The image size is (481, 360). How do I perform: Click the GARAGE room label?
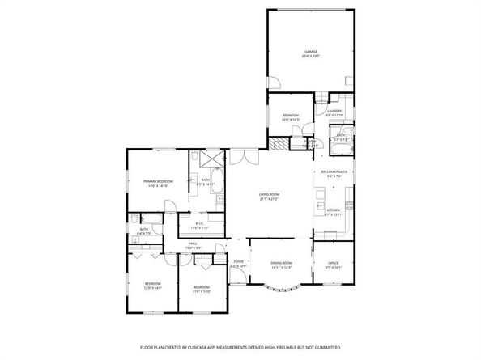pyautogui.click(x=311, y=52)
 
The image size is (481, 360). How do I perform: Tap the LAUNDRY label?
pyautogui.click(x=334, y=111)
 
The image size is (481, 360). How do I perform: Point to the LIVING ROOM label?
pyautogui.click(x=269, y=194)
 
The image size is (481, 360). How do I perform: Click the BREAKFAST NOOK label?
pyautogui.click(x=334, y=172)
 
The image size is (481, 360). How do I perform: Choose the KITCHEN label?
pyautogui.click(x=334, y=212)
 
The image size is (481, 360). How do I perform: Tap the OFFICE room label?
pyautogui.click(x=332, y=262)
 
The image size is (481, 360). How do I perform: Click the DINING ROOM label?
pyautogui.click(x=281, y=263)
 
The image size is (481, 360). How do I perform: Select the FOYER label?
pyautogui.click(x=239, y=262)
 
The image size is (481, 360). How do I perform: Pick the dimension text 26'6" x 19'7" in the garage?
pyautogui.click(x=311, y=57)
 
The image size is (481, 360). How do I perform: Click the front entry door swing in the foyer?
pyautogui.click(x=237, y=279)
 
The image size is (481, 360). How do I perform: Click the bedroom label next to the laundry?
pyautogui.click(x=291, y=116)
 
